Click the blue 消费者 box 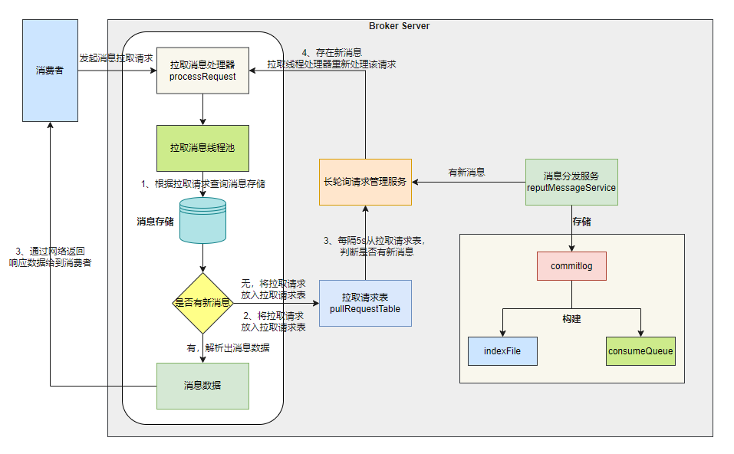tap(50, 71)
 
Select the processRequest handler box tap(202, 71)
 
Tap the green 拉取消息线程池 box tap(202, 148)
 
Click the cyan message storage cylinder tap(202, 220)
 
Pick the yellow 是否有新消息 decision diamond tap(202, 303)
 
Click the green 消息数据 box tap(202, 386)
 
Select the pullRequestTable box tap(365, 303)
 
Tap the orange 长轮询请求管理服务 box tap(365, 182)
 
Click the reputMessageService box tap(571, 182)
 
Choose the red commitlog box tap(571, 266)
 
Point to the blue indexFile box tap(502, 351)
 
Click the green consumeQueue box tap(640, 351)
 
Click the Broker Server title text tap(399, 26)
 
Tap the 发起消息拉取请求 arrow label tap(117, 58)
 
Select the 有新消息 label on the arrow tap(466, 173)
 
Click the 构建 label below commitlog tap(571, 318)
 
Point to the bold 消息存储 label tap(155, 221)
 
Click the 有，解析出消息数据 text tap(228, 347)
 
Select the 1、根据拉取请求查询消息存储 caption tap(202, 184)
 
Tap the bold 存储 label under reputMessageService tap(581, 222)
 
